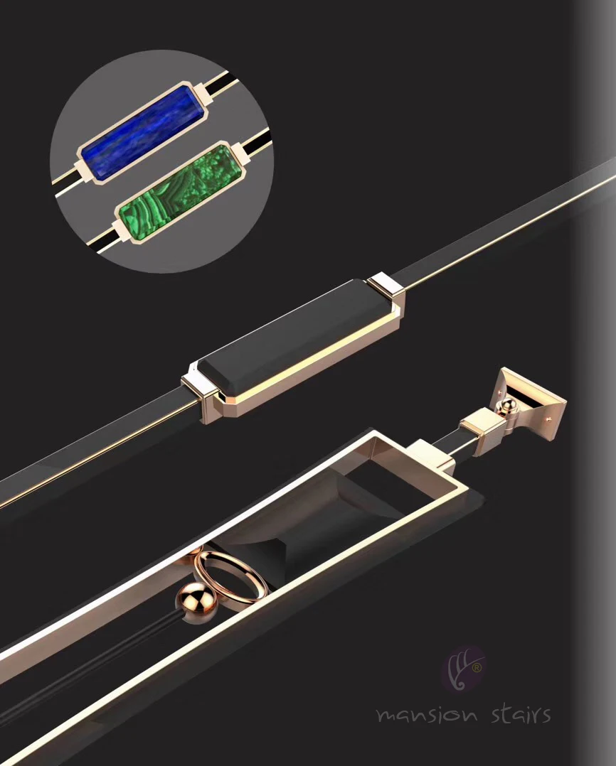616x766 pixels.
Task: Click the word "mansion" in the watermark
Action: click(x=426, y=715)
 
